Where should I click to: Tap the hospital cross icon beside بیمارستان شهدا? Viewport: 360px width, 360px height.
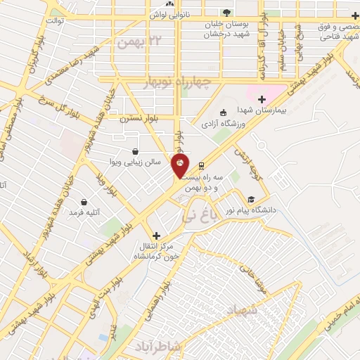pyautogui.click(x=262, y=100)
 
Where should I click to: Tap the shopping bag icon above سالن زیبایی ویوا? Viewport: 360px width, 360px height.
pyautogui.click(x=136, y=151)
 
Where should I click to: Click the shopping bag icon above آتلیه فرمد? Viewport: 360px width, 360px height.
pyautogui.click(x=84, y=202)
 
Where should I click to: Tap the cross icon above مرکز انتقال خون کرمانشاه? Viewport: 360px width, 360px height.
pyautogui.click(x=156, y=236)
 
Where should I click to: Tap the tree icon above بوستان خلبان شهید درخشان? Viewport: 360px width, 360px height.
pyautogui.click(x=226, y=13)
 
